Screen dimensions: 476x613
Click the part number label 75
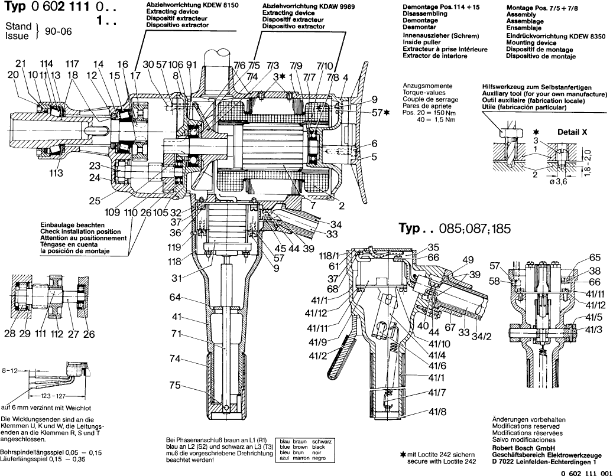174,385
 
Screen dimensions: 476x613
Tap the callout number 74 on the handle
174,359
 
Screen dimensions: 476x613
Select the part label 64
174,297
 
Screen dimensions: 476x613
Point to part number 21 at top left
21,64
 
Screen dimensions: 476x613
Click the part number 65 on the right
595,257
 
